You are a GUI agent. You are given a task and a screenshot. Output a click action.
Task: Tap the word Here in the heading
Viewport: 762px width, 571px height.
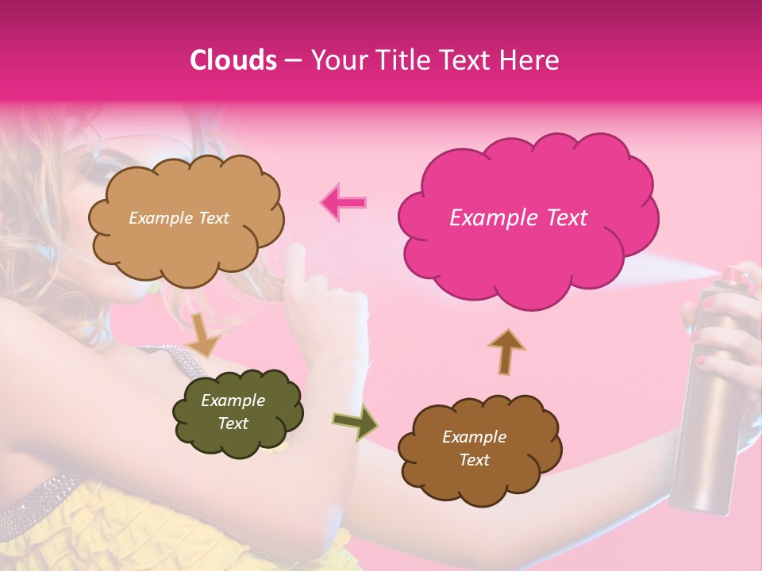(532, 60)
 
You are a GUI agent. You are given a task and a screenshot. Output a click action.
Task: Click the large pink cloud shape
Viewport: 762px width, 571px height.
(527, 219)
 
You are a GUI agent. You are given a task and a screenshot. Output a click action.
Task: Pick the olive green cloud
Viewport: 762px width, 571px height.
(237, 412)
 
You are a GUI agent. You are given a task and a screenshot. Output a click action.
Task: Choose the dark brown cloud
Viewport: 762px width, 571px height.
(479, 448)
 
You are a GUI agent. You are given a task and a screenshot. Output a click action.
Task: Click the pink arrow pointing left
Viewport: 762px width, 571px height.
(344, 202)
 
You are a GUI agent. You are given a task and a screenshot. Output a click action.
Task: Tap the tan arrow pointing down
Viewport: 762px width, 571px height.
(205, 334)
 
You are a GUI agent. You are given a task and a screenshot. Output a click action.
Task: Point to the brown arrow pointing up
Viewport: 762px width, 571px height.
(506, 350)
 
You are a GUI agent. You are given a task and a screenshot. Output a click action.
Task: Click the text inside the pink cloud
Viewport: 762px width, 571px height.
(518, 218)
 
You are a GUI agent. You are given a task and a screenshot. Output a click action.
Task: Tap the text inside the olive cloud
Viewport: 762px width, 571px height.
(233, 412)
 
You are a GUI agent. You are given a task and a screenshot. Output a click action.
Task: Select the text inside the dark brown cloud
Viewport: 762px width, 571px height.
(474, 448)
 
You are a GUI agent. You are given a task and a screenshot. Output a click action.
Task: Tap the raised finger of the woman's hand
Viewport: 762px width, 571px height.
(295, 266)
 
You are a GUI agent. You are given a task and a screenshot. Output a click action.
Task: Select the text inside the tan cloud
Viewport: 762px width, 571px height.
(179, 218)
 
